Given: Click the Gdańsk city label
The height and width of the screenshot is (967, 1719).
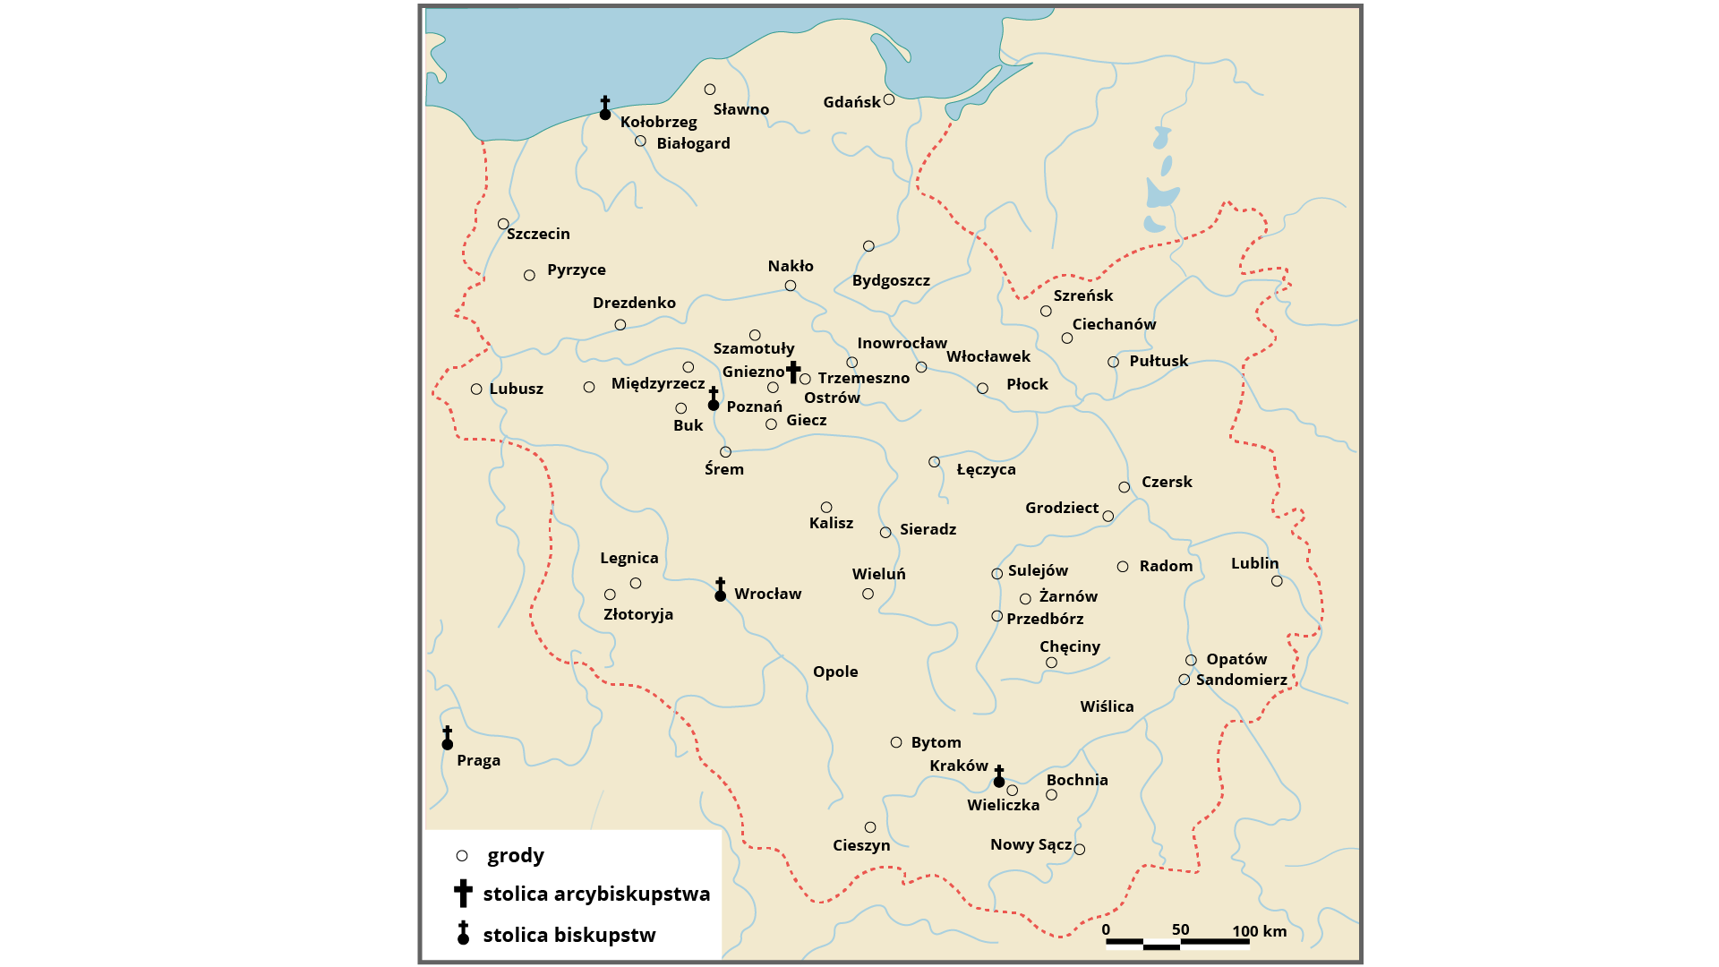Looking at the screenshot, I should point(851,102).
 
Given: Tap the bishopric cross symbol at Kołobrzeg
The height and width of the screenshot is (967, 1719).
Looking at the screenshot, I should point(605,108).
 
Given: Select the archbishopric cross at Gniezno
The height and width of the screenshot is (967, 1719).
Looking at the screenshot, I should point(793,372).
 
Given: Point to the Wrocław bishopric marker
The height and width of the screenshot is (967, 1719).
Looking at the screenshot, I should point(720,590).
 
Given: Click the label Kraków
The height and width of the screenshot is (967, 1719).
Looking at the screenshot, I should point(958,766).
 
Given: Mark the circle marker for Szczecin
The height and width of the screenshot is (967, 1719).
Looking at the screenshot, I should point(503,224).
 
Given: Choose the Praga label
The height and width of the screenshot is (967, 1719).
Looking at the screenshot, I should point(478,760).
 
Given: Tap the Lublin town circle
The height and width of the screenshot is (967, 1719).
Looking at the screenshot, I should point(1277,581).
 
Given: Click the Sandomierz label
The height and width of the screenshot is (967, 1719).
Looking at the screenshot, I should point(1241,680).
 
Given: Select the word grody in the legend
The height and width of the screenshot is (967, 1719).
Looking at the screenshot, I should point(515,855).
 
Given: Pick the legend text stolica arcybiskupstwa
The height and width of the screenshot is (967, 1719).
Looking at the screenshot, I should point(596,894).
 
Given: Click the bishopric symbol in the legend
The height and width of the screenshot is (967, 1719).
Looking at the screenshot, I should point(463,933).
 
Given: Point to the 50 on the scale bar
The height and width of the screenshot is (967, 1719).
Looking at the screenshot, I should point(1180,929).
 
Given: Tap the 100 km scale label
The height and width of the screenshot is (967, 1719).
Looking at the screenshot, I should point(1259,931).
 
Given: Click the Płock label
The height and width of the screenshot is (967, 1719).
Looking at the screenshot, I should point(1027,384).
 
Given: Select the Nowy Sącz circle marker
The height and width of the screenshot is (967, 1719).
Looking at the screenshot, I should point(1080,850).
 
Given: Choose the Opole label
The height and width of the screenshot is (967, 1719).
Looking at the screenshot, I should point(835,672).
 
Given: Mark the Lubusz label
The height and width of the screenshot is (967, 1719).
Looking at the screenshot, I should point(516,389).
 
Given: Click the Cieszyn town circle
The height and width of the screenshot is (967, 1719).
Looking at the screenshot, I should point(870,827).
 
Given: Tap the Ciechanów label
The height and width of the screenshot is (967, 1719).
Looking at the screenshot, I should point(1114,324).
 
